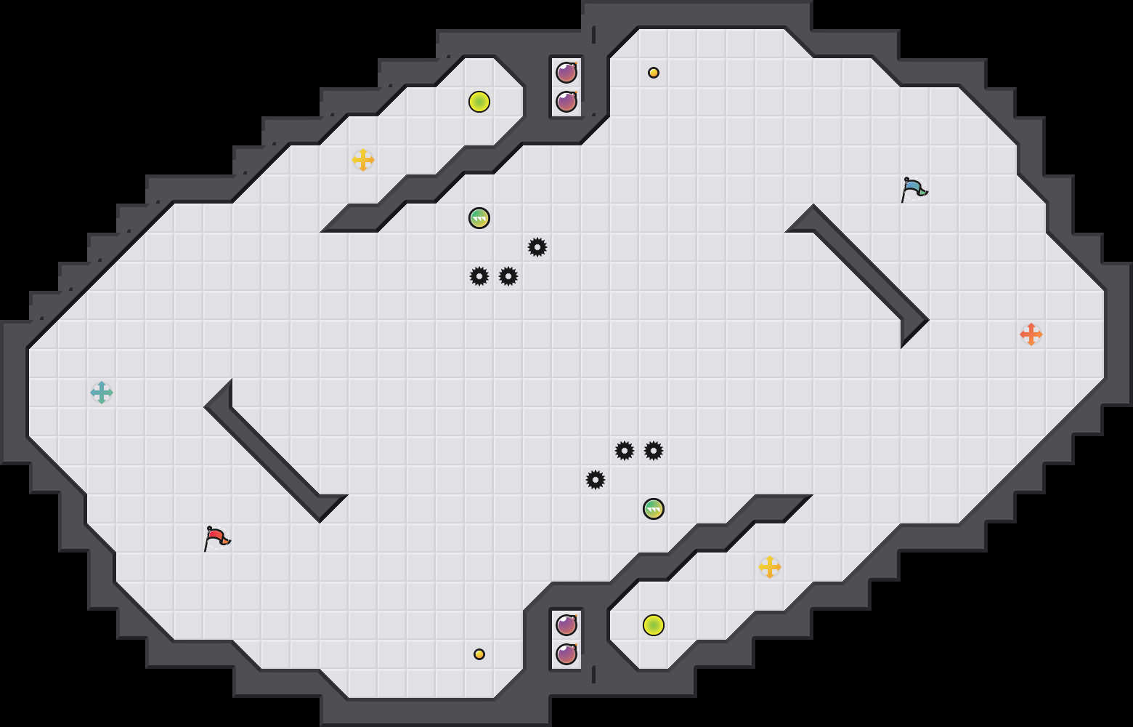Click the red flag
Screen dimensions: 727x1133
[x=216, y=538]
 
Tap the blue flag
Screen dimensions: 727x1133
[x=913, y=189]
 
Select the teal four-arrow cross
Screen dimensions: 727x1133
[x=102, y=393]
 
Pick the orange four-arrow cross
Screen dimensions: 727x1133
[x=1031, y=334]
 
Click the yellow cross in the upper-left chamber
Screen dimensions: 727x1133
[x=363, y=160]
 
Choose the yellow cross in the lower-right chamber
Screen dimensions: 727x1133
[x=770, y=567]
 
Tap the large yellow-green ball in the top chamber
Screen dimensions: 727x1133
[x=479, y=102]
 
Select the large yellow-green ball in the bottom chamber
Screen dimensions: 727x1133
[x=654, y=625]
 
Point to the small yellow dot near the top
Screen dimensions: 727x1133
[x=654, y=73]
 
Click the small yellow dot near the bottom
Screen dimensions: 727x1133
[x=479, y=654]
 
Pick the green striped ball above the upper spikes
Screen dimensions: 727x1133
[x=479, y=218]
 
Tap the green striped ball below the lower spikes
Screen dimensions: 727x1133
[x=654, y=509]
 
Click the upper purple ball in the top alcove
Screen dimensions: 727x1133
[x=566, y=73]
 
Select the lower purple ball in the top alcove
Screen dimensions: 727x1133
[x=566, y=102]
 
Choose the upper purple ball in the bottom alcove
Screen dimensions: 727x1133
[x=566, y=625]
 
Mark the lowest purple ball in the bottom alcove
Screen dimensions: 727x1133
[x=566, y=654]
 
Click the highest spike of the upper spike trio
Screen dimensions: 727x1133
[x=537, y=247]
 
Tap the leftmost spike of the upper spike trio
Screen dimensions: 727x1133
[x=479, y=276]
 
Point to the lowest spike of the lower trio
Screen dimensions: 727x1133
[x=596, y=480]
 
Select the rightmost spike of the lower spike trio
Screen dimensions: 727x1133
[x=654, y=451]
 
